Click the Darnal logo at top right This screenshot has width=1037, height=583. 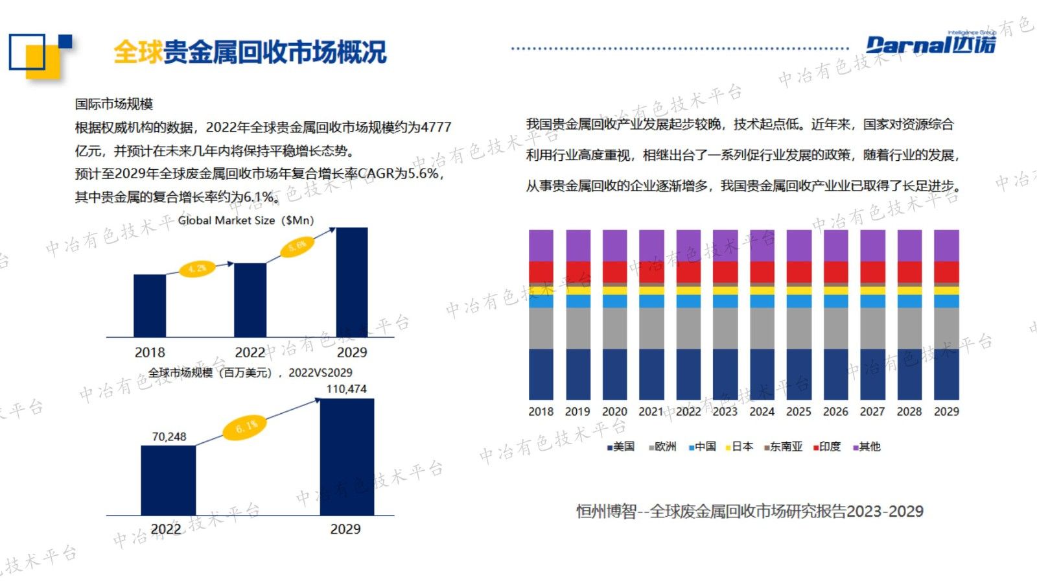point(931,44)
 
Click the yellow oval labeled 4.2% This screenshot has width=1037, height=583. point(197,268)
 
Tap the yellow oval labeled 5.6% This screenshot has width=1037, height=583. point(297,246)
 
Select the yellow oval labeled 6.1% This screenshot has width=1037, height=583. point(245,427)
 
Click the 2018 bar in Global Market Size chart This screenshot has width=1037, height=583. point(150,305)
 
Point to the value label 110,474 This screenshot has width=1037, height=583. point(346,389)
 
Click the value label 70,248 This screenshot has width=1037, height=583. point(169,436)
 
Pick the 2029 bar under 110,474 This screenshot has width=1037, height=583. point(347,457)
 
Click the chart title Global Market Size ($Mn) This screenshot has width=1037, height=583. point(246,220)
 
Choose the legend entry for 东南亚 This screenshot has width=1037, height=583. point(784,447)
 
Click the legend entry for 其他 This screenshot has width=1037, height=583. point(867,447)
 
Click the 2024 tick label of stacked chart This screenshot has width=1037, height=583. point(762,411)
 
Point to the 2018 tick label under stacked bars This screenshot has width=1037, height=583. point(541,411)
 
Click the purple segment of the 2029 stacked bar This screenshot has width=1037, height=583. point(946,245)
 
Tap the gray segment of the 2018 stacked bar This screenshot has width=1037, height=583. point(541,327)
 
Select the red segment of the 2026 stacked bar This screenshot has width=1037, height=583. point(835,272)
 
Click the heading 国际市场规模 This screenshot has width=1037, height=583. point(114,104)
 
